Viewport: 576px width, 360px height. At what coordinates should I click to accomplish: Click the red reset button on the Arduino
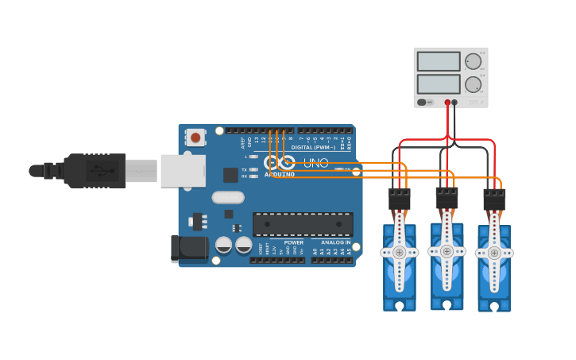pyautogui.click(x=195, y=137)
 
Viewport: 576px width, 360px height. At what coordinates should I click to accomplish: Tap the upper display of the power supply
pyautogui.click(x=439, y=61)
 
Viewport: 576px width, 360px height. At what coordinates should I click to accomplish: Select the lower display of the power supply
pyautogui.click(x=439, y=83)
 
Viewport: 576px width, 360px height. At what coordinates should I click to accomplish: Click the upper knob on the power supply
pyautogui.click(x=474, y=61)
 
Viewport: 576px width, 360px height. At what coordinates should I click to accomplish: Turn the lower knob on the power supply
pyautogui.click(x=474, y=84)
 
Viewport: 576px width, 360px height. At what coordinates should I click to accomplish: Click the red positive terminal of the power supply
pyautogui.click(x=447, y=103)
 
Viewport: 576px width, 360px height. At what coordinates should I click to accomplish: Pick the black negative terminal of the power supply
pyautogui.click(x=454, y=103)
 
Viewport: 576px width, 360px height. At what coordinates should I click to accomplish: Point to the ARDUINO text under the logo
pyautogui.click(x=279, y=174)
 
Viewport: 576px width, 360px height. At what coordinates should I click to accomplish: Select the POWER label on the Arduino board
pyautogui.click(x=293, y=242)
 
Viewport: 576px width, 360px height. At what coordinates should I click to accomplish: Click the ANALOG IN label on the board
pyautogui.click(x=336, y=242)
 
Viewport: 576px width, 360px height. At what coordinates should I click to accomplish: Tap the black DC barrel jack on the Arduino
pyautogui.click(x=189, y=249)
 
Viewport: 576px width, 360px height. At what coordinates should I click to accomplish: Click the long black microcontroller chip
pyautogui.click(x=303, y=224)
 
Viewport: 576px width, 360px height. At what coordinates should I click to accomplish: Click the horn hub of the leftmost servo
pyautogui.click(x=399, y=253)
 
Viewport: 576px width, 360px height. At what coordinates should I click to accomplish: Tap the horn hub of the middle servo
pyautogui.click(x=446, y=251)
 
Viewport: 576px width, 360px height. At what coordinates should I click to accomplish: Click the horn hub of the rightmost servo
pyautogui.click(x=493, y=254)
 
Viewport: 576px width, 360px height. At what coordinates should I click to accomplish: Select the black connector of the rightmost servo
pyautogui.click(x=494, y=199)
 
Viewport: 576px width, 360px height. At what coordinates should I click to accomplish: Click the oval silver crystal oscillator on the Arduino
pyautogui.click(x=227, y=197)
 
